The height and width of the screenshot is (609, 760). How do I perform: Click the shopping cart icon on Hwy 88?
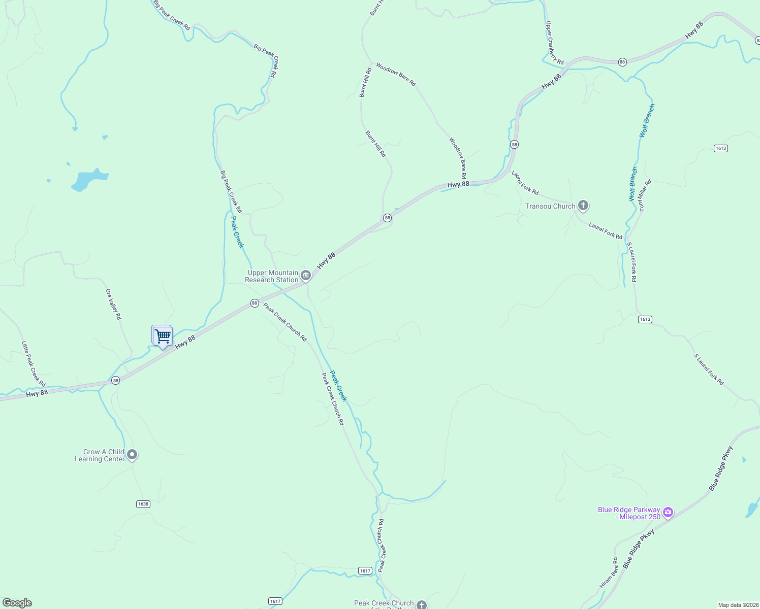click(x=163, y=336)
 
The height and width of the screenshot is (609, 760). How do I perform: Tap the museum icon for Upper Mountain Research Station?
click(x=306, y=276)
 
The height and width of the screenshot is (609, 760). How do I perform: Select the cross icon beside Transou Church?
click(x=583, y=206)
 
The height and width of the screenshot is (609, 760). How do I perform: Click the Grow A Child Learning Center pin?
click(x=132, y=454)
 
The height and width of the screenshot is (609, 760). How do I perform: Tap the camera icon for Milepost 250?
click(x=668, y=512)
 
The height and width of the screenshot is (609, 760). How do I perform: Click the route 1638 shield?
click(x=143, y=504)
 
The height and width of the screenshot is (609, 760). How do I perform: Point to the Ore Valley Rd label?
click(x=114, y=304)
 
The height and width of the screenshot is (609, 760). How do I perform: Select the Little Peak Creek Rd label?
click(x=34, y=363)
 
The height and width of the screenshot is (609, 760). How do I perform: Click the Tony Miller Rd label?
click(x=645, y=195)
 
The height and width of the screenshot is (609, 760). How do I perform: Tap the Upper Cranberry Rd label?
click(x=554, y=43)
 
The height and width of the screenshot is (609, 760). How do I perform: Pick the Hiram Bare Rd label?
click(x=609, y=573)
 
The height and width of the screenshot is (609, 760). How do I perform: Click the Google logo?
click(x=17, y=603)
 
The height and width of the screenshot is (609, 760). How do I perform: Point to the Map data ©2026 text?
click(x=738, y=605)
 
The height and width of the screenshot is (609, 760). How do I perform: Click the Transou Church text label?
click(x=550, y=206)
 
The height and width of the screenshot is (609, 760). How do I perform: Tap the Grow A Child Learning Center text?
click(x=100, y=455)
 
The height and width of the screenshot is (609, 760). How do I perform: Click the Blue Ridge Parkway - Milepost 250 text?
click(x=629, y=513)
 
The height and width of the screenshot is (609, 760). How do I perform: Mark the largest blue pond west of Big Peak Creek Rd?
click(x=87, y=180)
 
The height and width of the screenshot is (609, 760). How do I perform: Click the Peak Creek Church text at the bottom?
click(x=384, y=603)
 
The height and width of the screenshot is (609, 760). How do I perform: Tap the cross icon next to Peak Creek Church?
click(x=422, y=604)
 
